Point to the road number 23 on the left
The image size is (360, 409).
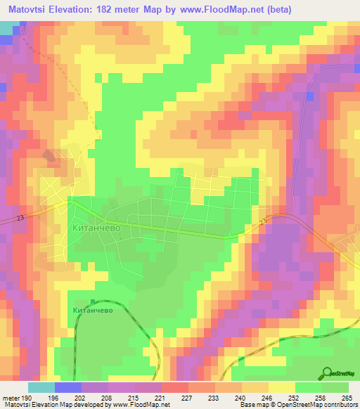pyautogui.click(x=20, y=219)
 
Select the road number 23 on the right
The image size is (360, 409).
pyautogui.click(x=262, y=222)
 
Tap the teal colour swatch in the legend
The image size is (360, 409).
pyautogui.click(x=41, y=387)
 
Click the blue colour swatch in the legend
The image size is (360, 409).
pyautogui.click(x=67, y=387)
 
